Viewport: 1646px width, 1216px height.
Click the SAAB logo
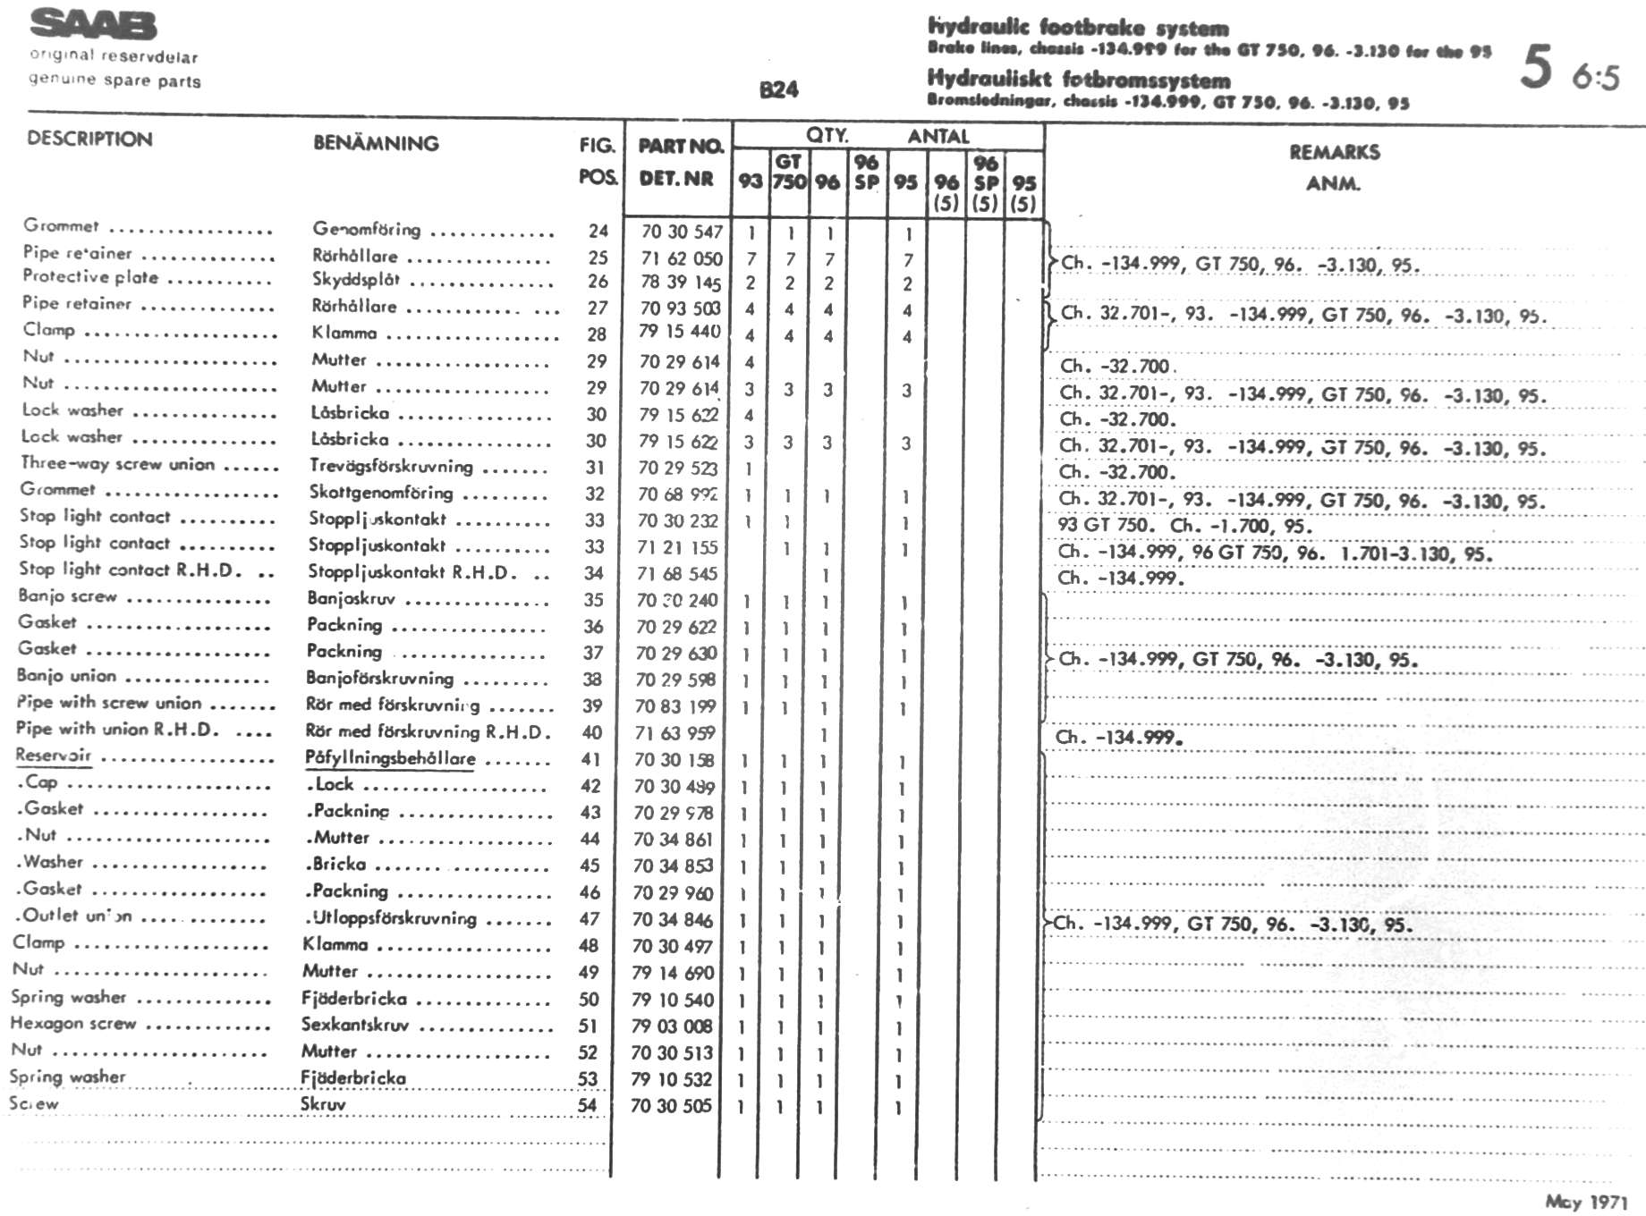pos(93,26)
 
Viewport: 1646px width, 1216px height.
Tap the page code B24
pos(778,89)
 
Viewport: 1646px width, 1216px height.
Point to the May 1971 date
pos(1585,1202)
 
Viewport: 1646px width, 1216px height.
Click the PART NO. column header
pos(680,146)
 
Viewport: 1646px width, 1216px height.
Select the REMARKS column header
pos(1334,153)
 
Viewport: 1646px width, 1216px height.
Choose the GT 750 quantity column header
pos(788,172)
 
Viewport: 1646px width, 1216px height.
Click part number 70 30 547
pos(681,232)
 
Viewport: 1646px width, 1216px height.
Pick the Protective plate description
pos(90,277)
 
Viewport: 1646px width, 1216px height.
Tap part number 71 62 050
pos(681,258)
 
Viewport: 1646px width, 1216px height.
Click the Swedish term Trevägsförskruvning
pos(391,466)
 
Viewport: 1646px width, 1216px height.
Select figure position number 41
pos(591,759)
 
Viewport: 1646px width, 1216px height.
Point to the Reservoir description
pos(54,756)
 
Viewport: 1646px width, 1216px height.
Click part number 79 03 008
pos(672,1026)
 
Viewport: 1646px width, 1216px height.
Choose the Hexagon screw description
pos(73,1023)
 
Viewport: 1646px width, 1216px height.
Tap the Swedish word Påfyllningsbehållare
pos(390,758)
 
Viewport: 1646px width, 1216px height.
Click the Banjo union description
pos(67,676)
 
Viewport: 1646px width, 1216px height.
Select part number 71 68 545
pos(677,573)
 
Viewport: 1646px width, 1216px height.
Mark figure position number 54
pos(587,1104)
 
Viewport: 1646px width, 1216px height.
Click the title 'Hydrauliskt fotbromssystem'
pos(1078,79)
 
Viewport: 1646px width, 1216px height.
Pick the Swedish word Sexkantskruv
pos(354,1025)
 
